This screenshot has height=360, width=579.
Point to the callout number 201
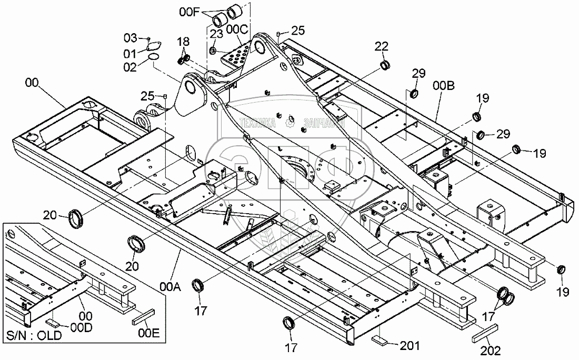pyautogui.click(x=410, y=346)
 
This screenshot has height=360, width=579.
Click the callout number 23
pyautogui.click(x=216, y=34)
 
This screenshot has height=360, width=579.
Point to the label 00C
pyautogui.click(x=237, y=31)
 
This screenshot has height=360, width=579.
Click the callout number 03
pyautogui.click(x=130, y=38)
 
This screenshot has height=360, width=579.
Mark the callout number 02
pyautogui.click(x=130, y=67)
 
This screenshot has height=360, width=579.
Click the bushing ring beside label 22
pyautogui.click(x=386, y=66)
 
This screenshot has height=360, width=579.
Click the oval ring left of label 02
pyautogui.click(x=154, y=56)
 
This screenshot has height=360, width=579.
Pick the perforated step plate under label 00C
pyautogui.click(x=236, y=56)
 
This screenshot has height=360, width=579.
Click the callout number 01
pyautogui.click(x=130, y=53)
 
